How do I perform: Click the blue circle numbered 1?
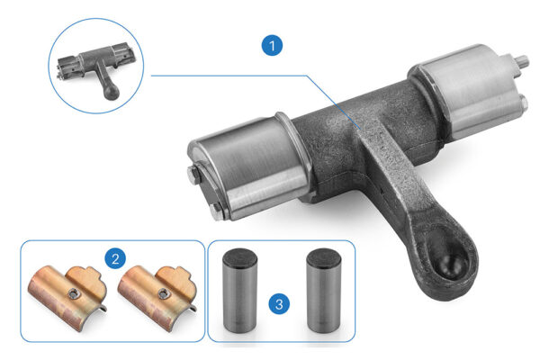tap(272, 45)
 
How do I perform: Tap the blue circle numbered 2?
tap(115, 258)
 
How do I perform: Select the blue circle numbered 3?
tap(279, 304)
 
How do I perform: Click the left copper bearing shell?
tap(67, 297)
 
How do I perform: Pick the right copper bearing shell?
tap(157, 297)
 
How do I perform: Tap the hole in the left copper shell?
tap(73, 293)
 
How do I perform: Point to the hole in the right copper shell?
tap(163, 293)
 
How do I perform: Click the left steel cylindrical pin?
tap(239, 291)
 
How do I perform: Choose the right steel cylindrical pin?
tap(324, 291)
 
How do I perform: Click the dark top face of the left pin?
tap(239, 256)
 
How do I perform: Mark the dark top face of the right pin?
tap(324, 256)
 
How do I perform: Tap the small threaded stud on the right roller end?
tap(521, 62)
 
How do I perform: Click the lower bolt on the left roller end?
tap(216, 211)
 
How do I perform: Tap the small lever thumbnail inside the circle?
tap(95, 67)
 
